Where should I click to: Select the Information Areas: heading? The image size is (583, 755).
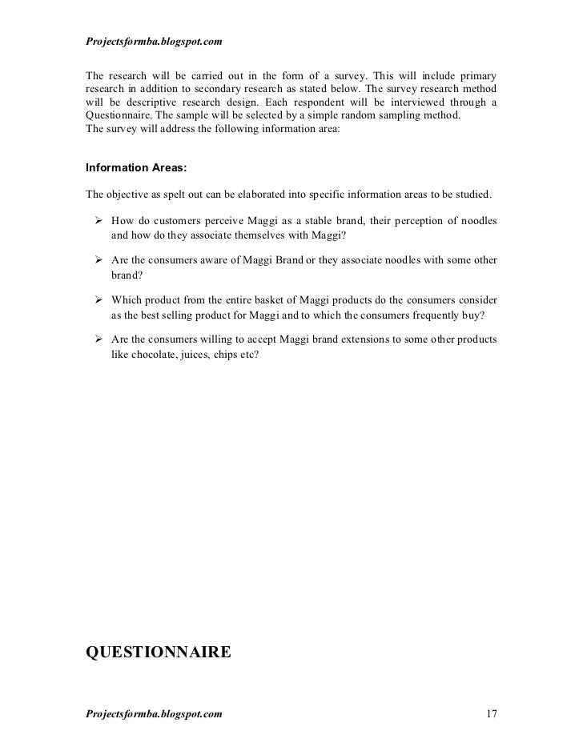click(x=136, y=169)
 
